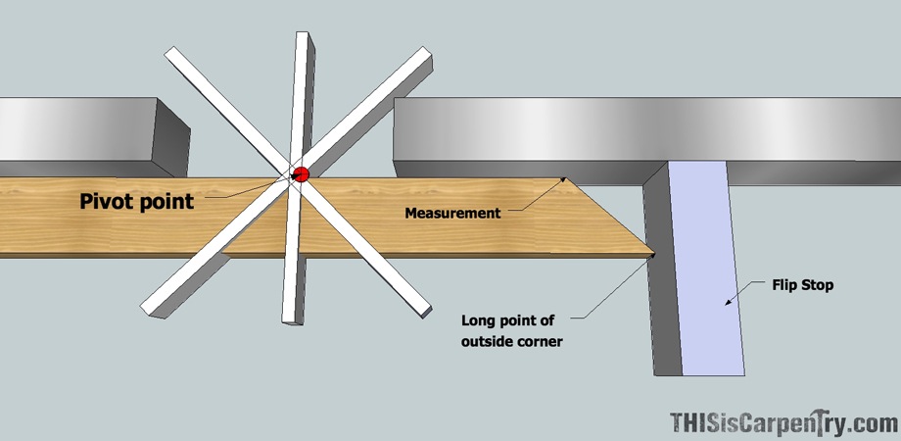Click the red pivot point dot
(301, 174)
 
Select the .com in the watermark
(875, 423)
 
